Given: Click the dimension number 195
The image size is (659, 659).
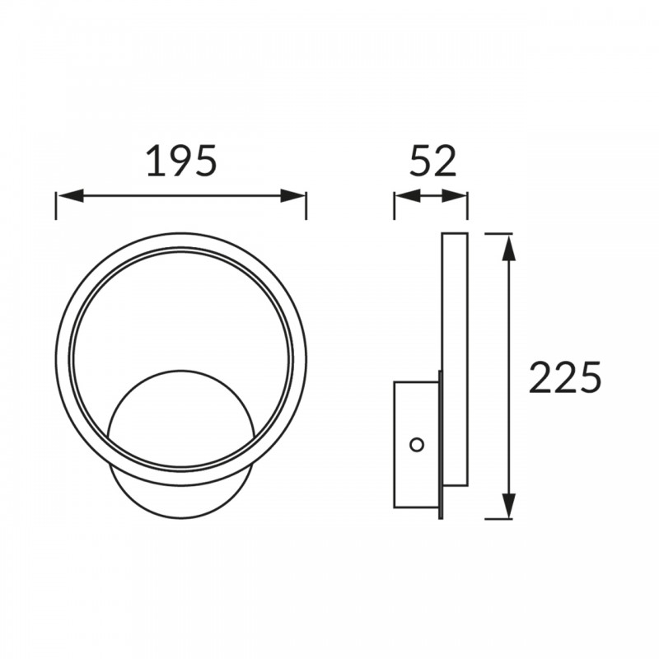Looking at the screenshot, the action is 181,160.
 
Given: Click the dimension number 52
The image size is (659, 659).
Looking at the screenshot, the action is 433,160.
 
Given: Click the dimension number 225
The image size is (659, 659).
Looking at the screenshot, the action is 565,377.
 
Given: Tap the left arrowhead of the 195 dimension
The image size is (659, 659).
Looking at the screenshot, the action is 71,195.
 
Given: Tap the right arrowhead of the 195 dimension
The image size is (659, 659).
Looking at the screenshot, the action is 292,195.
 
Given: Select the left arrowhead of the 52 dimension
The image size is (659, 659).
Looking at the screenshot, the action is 408,195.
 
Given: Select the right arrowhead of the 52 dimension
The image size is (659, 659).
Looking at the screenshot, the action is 454,195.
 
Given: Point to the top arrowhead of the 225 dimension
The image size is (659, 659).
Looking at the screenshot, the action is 509,248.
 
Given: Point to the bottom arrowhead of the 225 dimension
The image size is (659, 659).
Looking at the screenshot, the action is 509,505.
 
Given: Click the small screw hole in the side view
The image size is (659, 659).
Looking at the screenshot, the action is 417,445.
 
